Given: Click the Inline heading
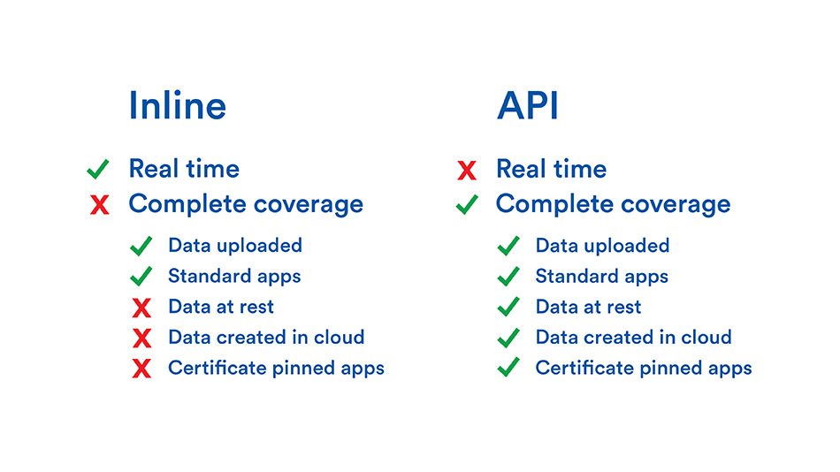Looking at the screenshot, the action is point(178,105).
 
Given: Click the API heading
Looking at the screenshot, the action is point(528,105).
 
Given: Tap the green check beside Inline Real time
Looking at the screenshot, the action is point(98,169).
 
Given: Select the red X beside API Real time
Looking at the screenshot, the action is point(467,171).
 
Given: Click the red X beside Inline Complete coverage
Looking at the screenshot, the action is point(100,205).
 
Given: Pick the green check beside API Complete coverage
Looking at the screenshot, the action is point(467,204).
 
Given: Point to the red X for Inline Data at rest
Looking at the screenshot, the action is point(141,308).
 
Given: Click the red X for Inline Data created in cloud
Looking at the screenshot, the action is point(141,338).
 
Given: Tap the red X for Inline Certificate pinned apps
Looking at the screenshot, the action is point(141,369).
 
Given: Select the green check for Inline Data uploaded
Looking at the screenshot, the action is point(141,246).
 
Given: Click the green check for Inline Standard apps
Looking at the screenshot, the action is point(141,277).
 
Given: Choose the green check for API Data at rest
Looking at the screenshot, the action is point(508,307).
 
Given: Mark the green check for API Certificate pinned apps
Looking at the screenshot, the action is point(508,368).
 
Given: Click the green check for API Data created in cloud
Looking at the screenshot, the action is point(508,338).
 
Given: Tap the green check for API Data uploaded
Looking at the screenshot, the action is point(508,246).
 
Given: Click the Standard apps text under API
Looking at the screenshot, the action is point(601,277).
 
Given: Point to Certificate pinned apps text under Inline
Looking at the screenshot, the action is point(276,368).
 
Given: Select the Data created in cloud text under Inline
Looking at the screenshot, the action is point(266,337).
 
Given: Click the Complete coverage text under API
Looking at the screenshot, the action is point(613,205).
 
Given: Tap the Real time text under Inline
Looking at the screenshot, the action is point(184,169).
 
